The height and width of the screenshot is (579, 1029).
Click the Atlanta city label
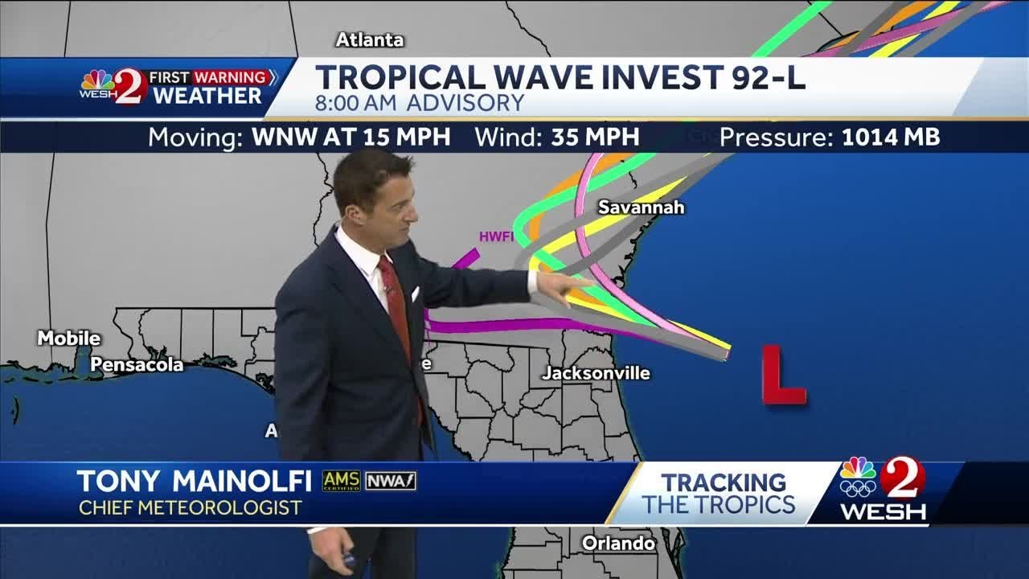click(369, 39)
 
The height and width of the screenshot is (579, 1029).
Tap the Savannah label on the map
click(641, 207)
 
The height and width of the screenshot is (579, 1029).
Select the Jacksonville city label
click(595, 373)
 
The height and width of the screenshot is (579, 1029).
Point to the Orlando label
click(618, 544)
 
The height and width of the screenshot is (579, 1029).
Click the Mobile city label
click(68, 339)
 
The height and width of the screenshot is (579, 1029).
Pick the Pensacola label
click(137, 365)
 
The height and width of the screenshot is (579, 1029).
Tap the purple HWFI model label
click(495, 236)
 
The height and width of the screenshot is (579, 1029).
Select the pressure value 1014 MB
click(890, 137)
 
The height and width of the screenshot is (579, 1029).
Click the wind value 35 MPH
click(595, 137)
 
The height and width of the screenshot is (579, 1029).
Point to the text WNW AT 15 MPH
click(351, 137)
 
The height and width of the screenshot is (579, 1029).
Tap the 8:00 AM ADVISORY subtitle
click(419, 103)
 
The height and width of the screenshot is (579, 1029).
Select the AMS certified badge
click(341, 481)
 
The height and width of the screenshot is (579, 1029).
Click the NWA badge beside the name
click(391, 481)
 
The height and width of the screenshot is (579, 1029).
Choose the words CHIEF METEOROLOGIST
click(190, 508)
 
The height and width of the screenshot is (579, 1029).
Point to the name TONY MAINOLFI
click(194, 481)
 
